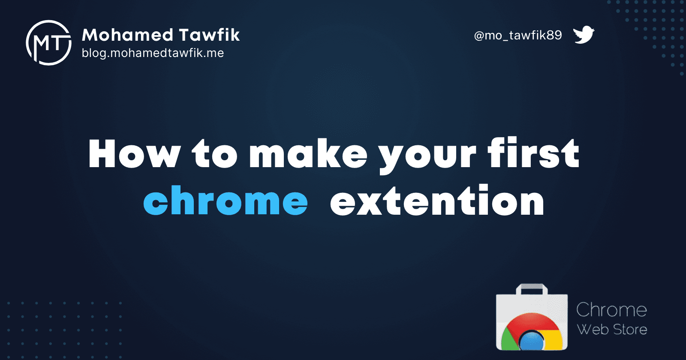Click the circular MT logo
[49, 43]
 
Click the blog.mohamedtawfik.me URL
[153, 53]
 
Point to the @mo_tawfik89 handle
[518, 36]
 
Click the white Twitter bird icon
[584, 35]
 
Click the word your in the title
[427, 157]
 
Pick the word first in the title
[533, 153]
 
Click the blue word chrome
[226, 200]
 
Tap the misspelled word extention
[437, 200]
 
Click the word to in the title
[215, 153]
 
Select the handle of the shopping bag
[532, 289]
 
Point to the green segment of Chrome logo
[508, 339]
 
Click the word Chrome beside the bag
[611, 309]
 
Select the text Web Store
[612, 330]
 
